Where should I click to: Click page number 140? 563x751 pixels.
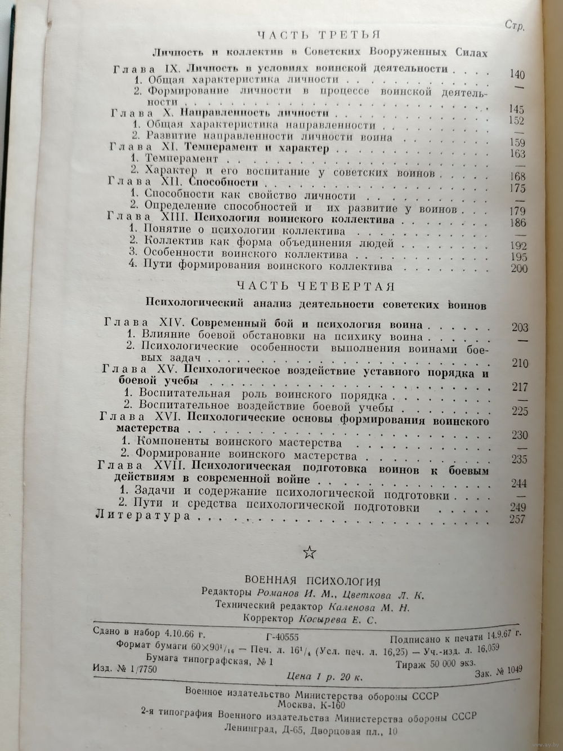click(516, 75)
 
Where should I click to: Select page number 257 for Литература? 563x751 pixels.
click(516, 519)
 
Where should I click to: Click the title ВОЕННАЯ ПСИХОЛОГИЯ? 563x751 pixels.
click(312, 581)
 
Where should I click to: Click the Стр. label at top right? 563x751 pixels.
click(513, 27)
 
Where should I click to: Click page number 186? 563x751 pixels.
click(516, 223)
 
